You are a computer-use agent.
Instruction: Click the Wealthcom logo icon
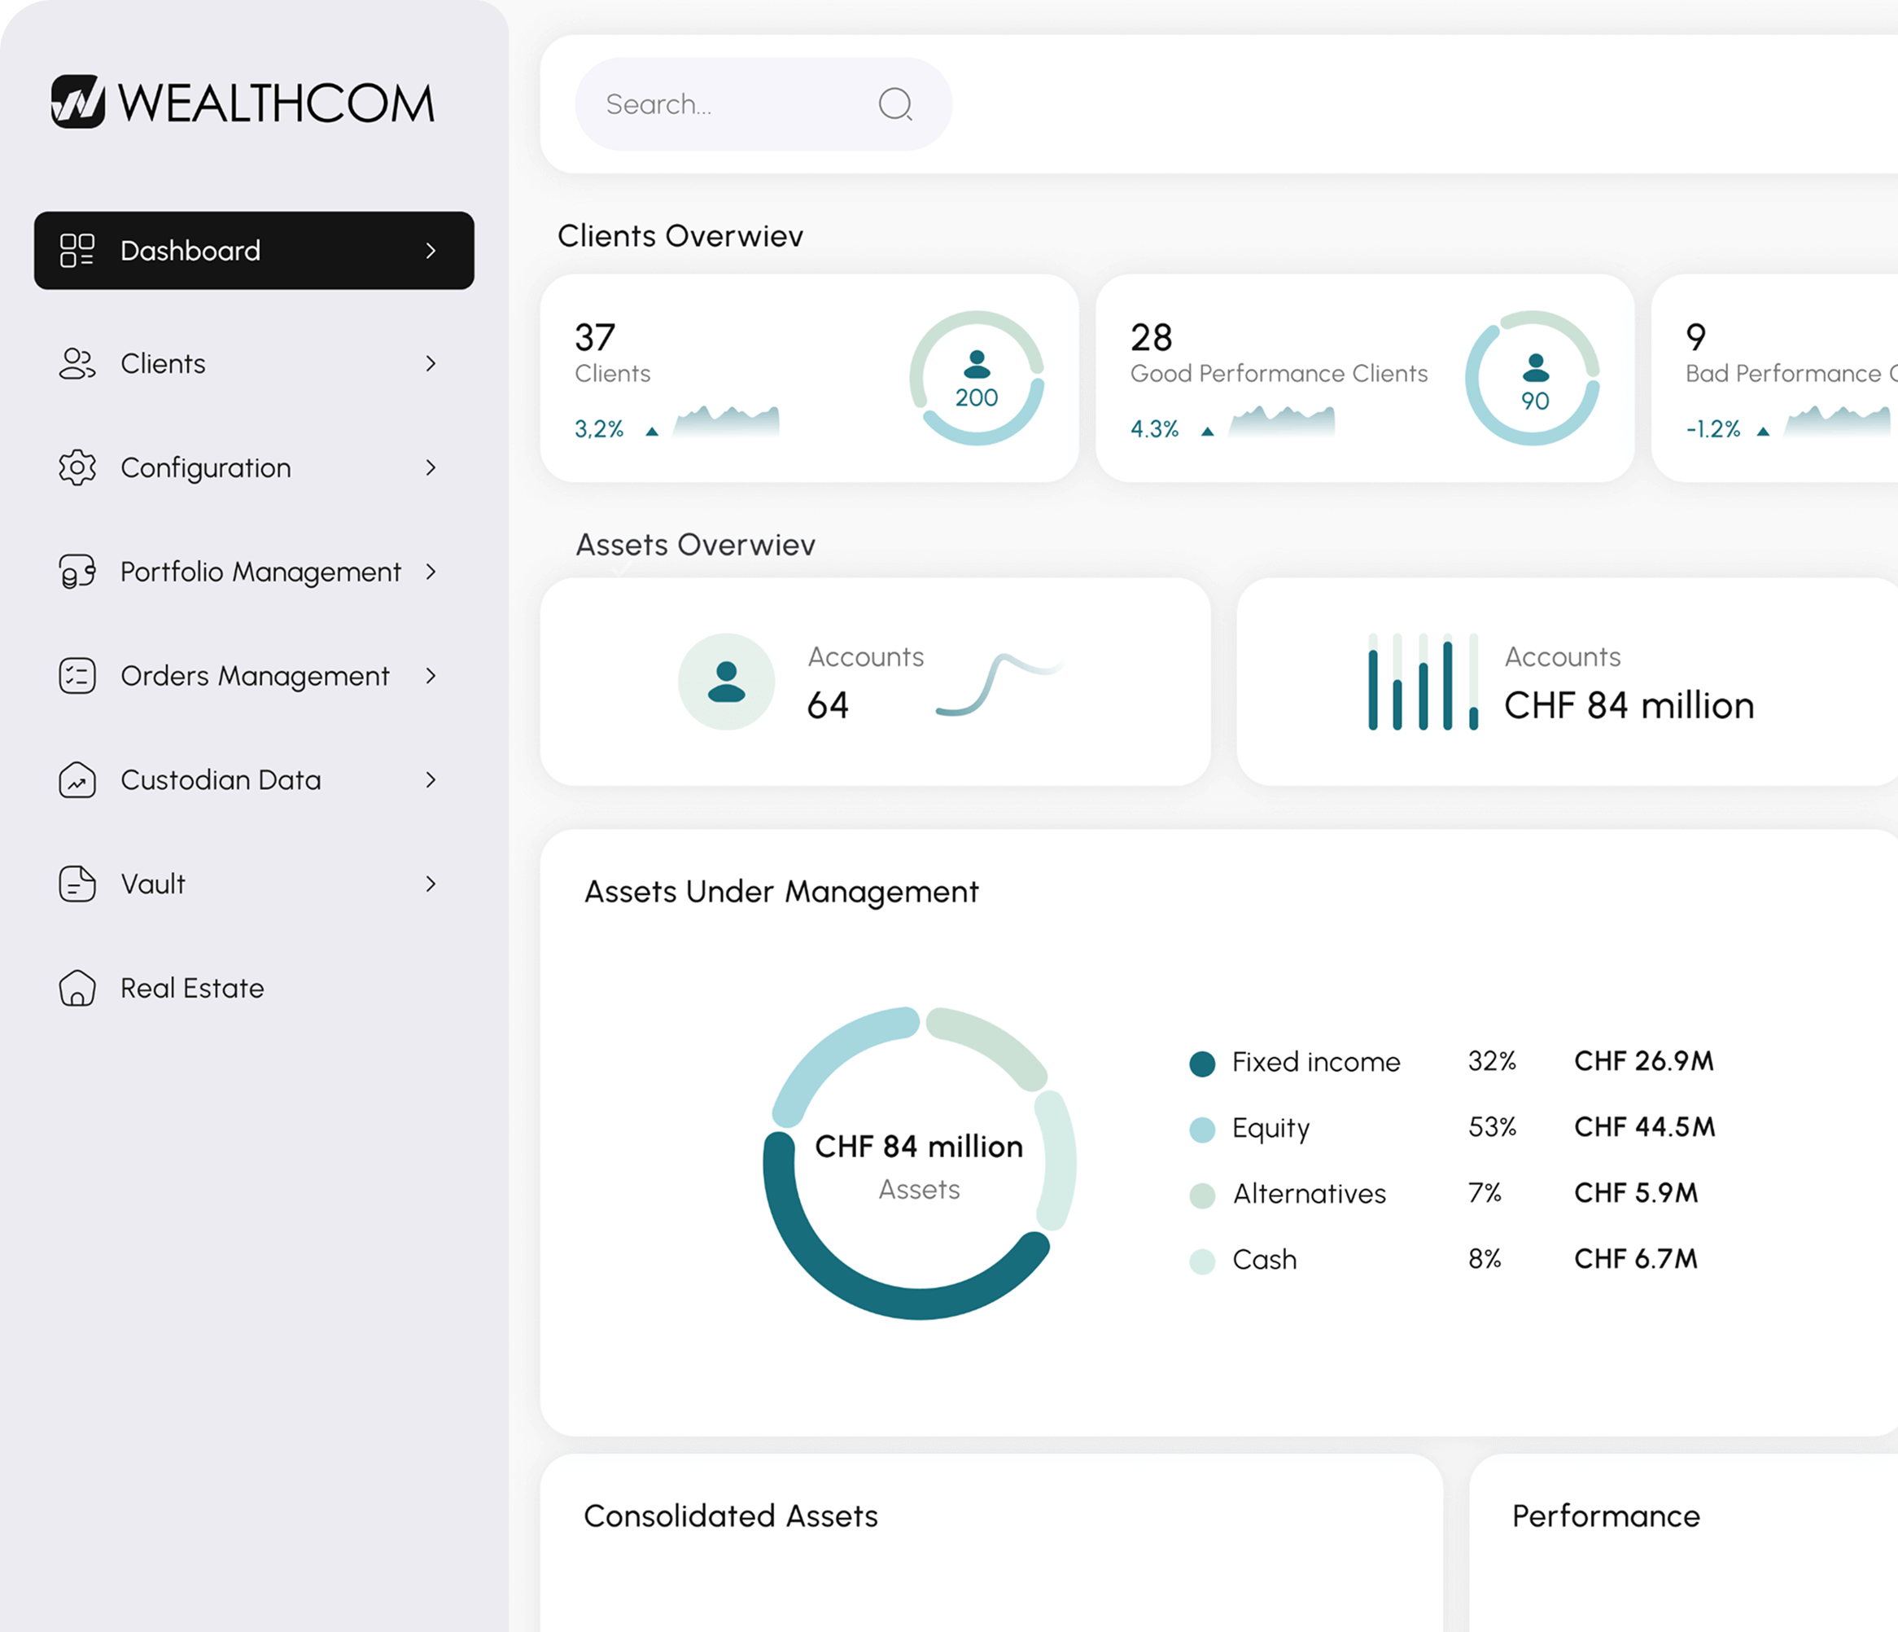(x=78, y=102)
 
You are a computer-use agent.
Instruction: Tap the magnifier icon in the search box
(x=895, y=104)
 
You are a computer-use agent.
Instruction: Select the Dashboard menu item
(x=254, y=251)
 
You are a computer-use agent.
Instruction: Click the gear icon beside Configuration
(x=77, y=468)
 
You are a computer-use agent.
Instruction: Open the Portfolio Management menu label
(x=260, y=572)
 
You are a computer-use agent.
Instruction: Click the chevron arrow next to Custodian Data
(x=431, y=780)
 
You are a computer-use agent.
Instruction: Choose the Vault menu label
(x=153, y=884)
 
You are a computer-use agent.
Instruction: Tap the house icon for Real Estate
(x=77, y=988)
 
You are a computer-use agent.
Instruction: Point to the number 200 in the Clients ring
(x=977, y=397)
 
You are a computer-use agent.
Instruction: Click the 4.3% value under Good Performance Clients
(x=1154, y=429)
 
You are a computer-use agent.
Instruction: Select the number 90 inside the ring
(x=1534, y=401)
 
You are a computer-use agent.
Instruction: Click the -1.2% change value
(x=1713, y=429)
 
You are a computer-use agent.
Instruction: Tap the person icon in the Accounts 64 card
(x=727, y=682)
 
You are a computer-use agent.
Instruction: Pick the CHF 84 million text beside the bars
(x=1629, y=705)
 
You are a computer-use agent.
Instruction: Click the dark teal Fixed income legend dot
(x=1202, y=1064)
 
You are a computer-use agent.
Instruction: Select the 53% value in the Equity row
(x=1492, y=1127)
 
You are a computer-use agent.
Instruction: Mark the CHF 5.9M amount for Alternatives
(x=1636, y=1193)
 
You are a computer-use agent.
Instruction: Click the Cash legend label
(x=1264, y=1260)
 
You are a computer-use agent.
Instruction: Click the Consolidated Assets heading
(x=730, y=1516)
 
